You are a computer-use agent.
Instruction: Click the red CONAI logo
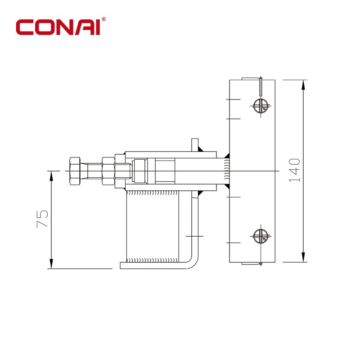58,27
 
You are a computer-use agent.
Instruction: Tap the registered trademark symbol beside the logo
104,19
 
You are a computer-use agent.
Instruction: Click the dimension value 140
295,170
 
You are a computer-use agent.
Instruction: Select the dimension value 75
42,219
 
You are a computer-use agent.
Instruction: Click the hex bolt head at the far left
75,171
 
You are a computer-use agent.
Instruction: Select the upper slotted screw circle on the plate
261,106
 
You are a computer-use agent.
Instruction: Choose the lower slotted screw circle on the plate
261,236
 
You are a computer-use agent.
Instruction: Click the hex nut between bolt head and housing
108,171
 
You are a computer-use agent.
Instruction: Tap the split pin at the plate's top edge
261,86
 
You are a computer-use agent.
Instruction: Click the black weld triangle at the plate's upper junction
227,155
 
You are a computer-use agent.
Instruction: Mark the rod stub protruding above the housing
195,145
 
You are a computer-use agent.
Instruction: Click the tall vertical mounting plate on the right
252,171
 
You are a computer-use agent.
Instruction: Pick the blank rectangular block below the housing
153,226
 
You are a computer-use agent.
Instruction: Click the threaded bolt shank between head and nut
94,171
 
